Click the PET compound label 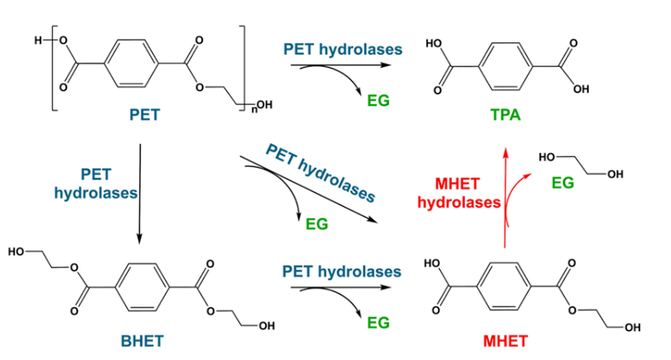coord(145,114)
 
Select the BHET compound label coord(145,342)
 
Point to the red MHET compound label coord(506,342)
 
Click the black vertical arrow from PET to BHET coord(139,192)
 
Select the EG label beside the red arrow coord(563,183)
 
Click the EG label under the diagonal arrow coord(317,224)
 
